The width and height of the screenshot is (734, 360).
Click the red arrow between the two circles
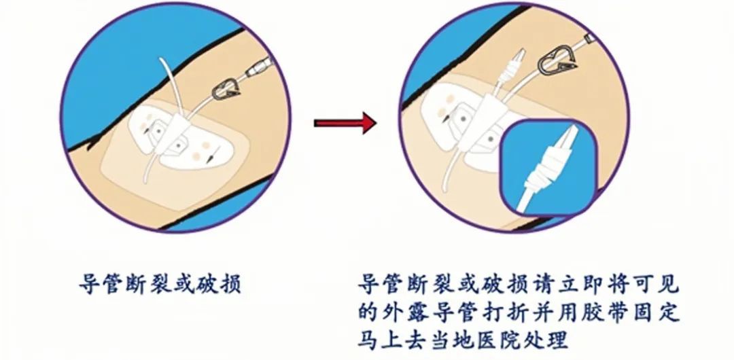pos(345,124)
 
